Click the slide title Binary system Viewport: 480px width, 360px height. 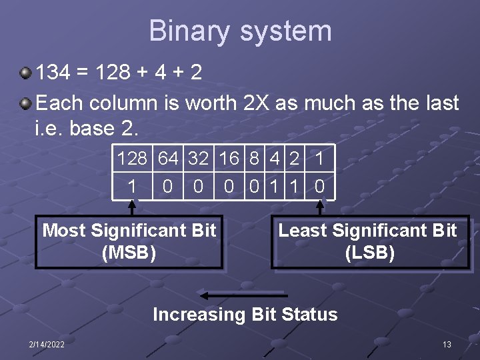coord(240,31)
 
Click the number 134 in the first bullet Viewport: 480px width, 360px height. coord(53,72)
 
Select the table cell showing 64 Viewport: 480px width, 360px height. coord(168,159)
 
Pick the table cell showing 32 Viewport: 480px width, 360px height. coord(199,159)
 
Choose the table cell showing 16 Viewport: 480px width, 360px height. coord(229,159)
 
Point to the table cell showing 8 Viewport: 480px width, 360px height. coord(254,159)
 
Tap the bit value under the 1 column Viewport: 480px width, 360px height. coord(319,186)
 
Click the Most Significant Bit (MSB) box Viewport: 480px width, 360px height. coord(129,242)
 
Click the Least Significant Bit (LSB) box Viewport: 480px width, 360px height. coord(369,242)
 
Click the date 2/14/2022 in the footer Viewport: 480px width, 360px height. coord(46,344)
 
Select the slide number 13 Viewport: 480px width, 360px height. coord(447,344)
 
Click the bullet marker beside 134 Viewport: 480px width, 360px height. coord(25,71)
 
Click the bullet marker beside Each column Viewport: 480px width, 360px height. coord(25,103)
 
